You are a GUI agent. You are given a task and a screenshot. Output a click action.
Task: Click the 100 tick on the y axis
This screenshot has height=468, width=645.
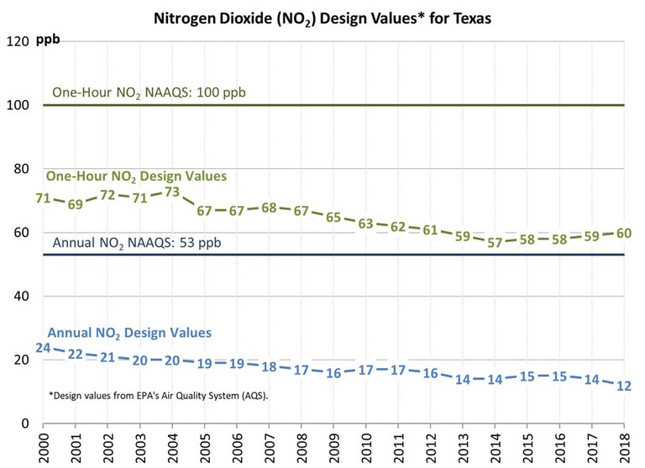tap(20, 105)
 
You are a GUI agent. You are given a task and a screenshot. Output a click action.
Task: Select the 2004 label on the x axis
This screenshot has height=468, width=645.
tap(173, 447)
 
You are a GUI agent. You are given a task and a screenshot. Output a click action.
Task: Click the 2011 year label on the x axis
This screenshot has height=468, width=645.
tap(398, 447)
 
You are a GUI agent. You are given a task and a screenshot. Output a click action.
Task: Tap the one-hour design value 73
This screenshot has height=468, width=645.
tap(172, 192)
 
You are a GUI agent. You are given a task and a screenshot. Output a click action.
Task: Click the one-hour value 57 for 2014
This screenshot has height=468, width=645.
tap(495, 243)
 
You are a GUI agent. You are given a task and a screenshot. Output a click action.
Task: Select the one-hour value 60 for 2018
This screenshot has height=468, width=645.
tap(623, 233)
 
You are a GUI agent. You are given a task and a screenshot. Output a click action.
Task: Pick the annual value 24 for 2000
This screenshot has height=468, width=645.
tap(43, 348)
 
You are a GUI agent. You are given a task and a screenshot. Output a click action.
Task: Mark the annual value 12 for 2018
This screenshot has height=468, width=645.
tap(623, 386)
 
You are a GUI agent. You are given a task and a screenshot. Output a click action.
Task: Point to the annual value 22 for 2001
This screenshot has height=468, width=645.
tap(76, 354)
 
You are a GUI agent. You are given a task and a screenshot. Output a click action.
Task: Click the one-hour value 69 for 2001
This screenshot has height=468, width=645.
tap(76, 205)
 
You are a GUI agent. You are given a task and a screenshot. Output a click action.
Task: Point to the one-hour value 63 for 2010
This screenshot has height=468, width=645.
tap(365, 223)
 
